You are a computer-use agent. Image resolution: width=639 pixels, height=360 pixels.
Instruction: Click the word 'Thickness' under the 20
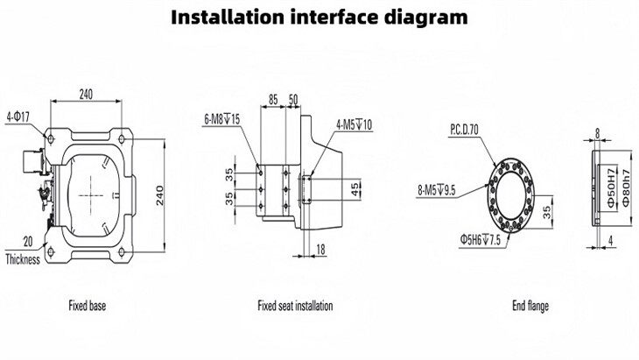(x=23, y=259)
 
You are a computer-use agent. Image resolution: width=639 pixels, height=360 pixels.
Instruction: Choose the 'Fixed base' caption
(x=88, y=307)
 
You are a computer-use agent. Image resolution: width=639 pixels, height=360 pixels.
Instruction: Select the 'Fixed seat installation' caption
(x=295, y=307)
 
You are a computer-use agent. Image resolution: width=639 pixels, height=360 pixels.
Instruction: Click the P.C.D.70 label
(x=466, y=129)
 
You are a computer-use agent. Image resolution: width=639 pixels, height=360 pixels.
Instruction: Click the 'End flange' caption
(x=530, y=307)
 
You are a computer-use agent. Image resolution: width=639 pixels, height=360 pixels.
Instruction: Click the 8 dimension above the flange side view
(x=598, y=135)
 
